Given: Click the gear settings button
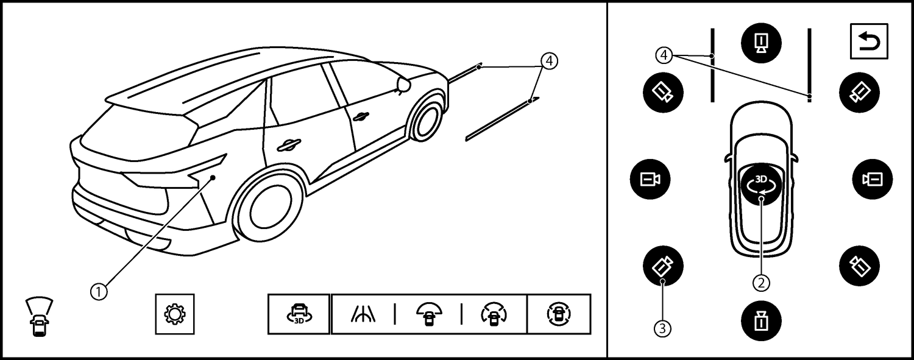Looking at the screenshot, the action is (175, 314).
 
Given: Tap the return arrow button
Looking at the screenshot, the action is (869, 41).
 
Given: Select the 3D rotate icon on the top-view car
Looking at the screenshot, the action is (761, 185).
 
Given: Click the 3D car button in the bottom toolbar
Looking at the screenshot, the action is (299, 314).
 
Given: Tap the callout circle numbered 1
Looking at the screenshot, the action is (99, 292).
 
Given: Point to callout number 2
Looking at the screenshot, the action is (761, 283).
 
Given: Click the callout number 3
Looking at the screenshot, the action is (662, 328).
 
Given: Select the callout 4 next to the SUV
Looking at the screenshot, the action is (549, 61).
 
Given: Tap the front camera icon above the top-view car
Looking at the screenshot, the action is (761, 43).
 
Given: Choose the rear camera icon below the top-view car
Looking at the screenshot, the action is (761, 321).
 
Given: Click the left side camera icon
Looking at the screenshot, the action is (650, 179).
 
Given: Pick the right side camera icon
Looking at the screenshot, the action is (873, 179).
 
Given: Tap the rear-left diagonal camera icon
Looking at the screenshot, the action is (663, 266).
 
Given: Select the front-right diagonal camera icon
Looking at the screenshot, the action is (859, 93).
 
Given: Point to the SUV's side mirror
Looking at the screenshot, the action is (403, 85).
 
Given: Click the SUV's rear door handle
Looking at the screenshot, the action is (288, 145).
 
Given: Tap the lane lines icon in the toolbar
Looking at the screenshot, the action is (364, 314).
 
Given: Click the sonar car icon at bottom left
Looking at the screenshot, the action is (39, 317).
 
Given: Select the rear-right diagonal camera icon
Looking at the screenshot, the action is (859, 266).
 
